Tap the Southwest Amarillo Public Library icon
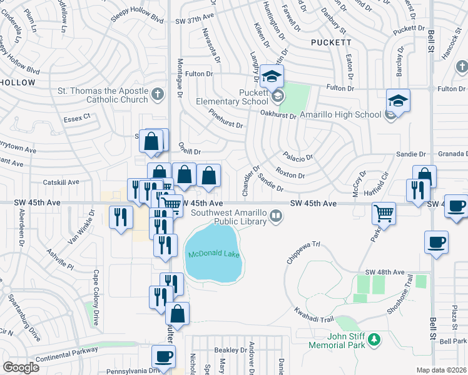point(275,216)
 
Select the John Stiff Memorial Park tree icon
point(374,339)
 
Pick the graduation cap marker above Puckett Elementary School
point(272,77)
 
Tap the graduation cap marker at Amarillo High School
point(397,100)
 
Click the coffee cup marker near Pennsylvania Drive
point(163,357)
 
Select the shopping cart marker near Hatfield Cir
point(384,214)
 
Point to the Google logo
point(21,367)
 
